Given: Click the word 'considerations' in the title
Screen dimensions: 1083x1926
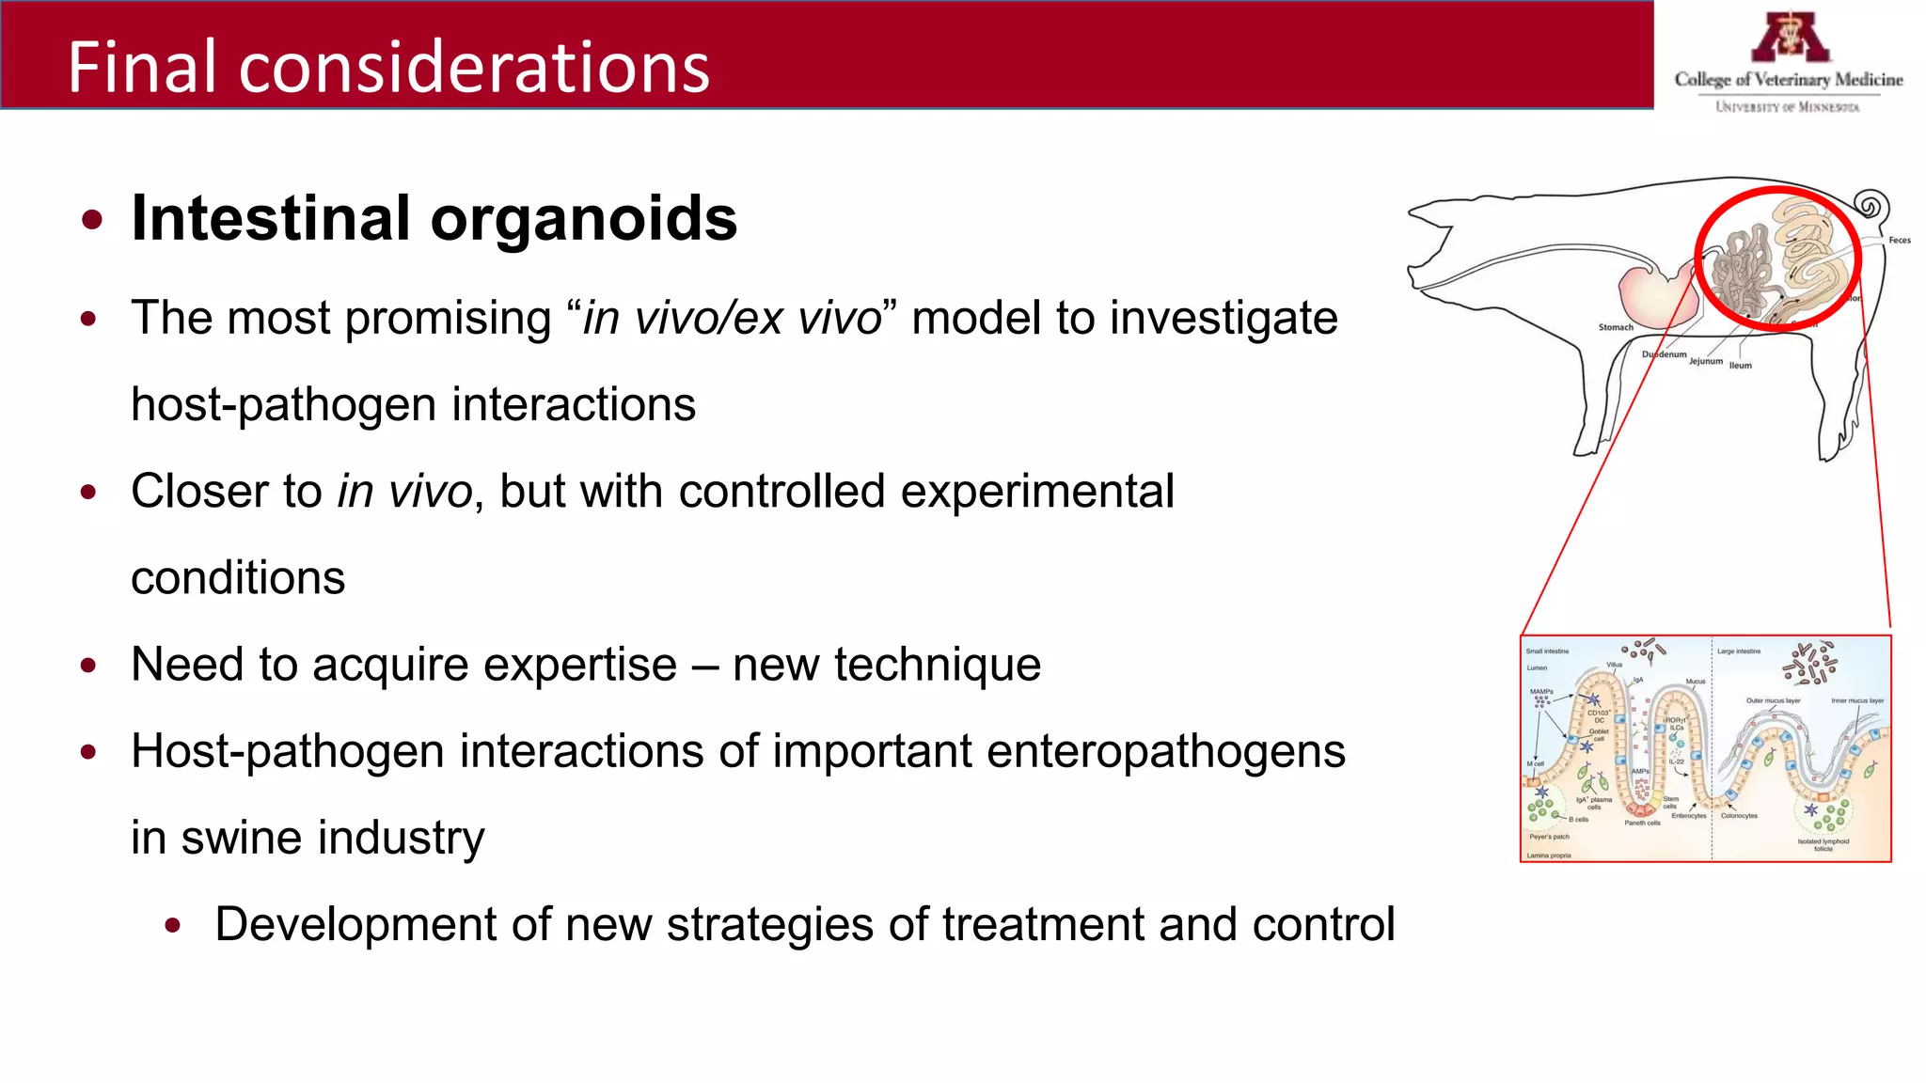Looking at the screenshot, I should point(474,68).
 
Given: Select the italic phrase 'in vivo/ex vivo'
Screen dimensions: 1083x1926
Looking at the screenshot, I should point(732,318).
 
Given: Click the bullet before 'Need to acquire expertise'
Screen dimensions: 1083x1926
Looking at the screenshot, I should point(89,667).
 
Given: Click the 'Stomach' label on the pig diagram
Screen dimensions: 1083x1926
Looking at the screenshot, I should point(1616,327).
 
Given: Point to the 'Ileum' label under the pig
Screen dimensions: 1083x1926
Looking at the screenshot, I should point(1740,366).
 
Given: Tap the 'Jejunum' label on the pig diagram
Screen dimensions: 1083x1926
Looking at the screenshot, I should point(1705,361).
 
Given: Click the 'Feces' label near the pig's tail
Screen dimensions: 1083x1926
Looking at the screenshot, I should point(1899,241).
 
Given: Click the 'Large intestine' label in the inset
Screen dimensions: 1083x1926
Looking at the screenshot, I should point(1738,651).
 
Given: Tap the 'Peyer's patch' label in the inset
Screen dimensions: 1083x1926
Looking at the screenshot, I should point(1549,836).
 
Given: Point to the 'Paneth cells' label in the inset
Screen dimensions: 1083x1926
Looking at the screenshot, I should point(1642,823).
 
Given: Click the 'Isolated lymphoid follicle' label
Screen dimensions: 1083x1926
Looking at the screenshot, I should point(1823,844).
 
